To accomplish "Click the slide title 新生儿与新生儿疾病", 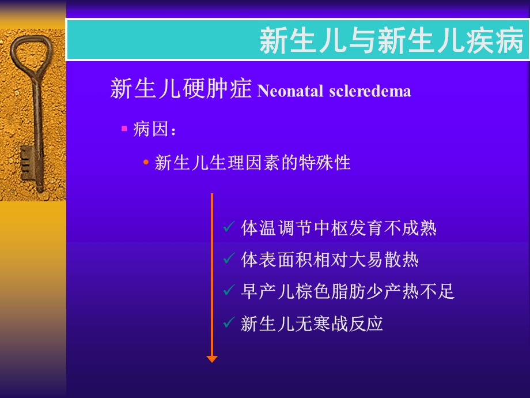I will tap(391, 41).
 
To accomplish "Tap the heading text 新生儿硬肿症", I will tap(181, 90).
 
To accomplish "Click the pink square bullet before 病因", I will tap(124, 129).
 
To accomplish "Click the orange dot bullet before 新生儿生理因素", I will tap(146, 163).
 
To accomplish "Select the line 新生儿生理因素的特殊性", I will tap(252, 163).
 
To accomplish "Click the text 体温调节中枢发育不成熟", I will tap(339, 228).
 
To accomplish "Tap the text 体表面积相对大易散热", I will tap(330, 260).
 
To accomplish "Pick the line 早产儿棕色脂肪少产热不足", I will tap(347, 292).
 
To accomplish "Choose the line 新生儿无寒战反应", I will tap(312, 324).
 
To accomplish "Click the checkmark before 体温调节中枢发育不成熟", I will tap(228, 228).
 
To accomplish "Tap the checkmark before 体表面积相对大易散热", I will tap(228, 260).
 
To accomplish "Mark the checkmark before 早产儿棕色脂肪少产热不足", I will tap(228, 291).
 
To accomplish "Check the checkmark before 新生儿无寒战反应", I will tap(228, 323).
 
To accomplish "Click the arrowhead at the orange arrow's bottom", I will tap(212, 359).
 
